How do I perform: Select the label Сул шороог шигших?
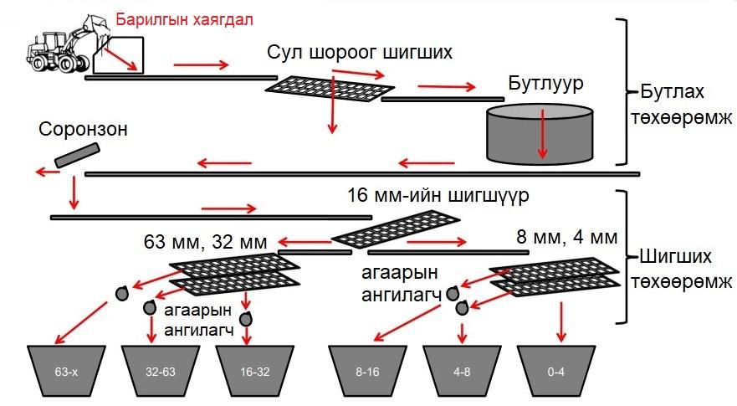click(x=361, y=53)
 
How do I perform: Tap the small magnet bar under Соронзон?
click(x=77, y=155)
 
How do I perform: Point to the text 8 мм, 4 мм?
click(x=566, y=237)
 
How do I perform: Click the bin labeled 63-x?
click(x=65, y=369)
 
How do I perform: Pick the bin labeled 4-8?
click(x=459, y=369)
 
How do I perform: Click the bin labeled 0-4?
click(x=554, y=369)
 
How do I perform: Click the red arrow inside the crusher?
click(x=544, y=133)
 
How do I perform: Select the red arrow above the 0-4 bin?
click(x=560, y=316)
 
